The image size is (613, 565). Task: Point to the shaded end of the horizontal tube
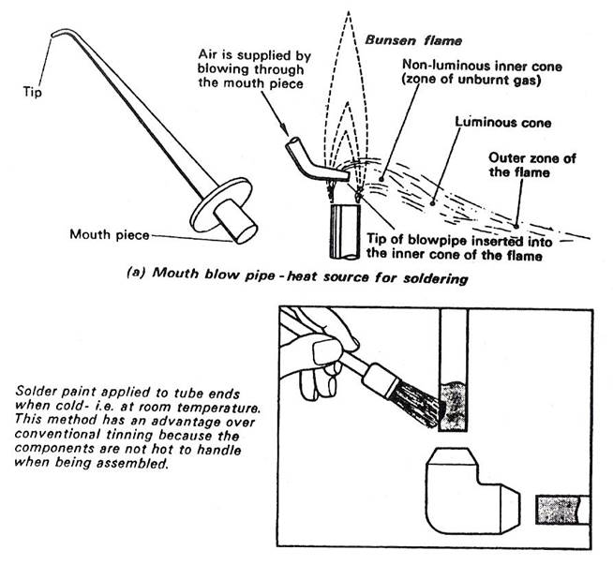pos(555,510)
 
